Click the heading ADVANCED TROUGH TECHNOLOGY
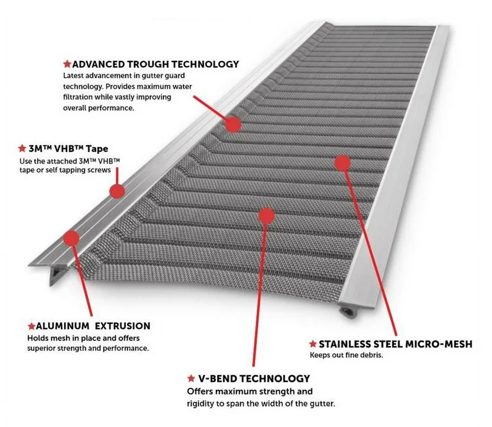[x=155, y=64]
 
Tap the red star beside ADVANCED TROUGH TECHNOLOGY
[x=67, y=64]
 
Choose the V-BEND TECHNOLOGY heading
[x=252, y=378]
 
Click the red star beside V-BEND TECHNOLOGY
[x=191, y=378]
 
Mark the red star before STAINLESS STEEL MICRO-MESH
[x=313, y=344]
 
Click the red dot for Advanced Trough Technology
[x=233, y=124]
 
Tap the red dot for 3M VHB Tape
[x=116, y=190]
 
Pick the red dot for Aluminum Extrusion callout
[x=71, y=238]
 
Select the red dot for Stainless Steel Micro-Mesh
[x=343, y=162]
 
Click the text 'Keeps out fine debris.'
[x=347, y=356]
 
